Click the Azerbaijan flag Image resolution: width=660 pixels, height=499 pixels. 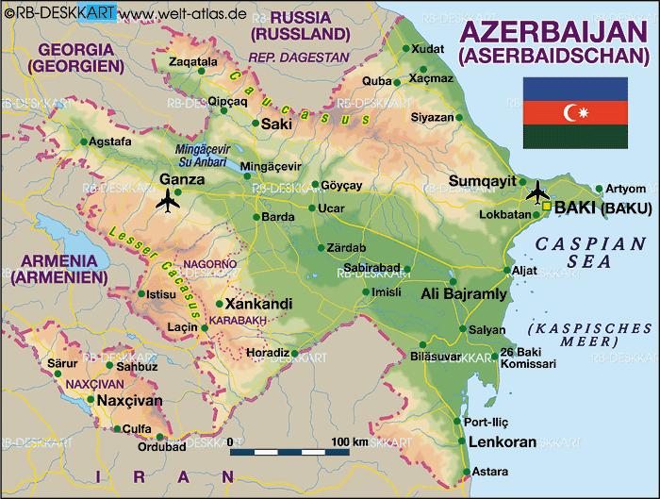point(575,113)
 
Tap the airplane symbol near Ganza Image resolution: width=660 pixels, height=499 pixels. point(169,200)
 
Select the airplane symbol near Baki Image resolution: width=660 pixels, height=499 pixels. point(537,191)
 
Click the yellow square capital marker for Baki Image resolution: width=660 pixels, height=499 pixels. point(546,207)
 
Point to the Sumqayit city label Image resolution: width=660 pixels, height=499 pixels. point(482,181)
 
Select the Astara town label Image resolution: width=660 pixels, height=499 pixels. point(489,471)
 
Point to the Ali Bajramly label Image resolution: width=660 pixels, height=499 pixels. point(463,293)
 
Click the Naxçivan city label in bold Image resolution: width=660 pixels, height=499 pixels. point(130,401)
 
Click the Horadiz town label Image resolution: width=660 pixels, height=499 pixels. point(267,352)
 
